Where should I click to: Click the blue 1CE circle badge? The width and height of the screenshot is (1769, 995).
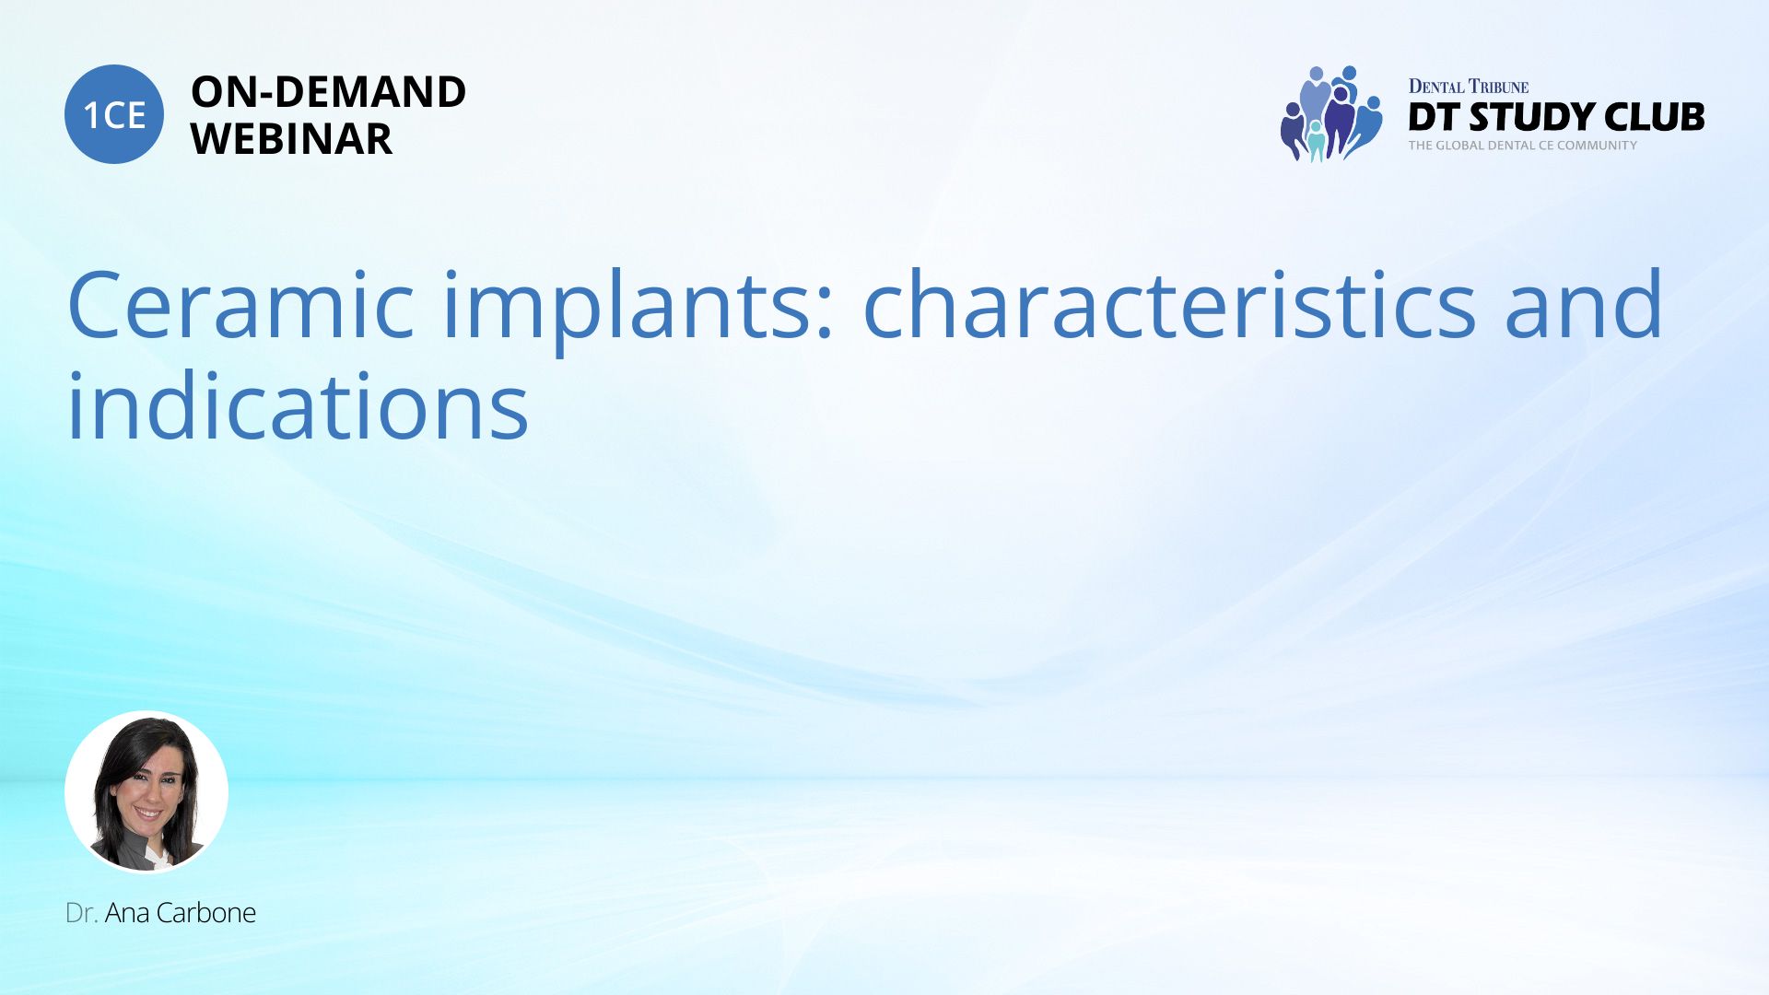[x=114, y=114]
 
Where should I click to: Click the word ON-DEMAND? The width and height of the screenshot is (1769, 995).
[x=328, y=92]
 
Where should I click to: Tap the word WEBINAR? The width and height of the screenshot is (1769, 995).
[x=291, y=139]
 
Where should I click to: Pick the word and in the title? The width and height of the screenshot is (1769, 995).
[x=1584, y=303]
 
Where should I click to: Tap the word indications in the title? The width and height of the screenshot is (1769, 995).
[x=299, y=404]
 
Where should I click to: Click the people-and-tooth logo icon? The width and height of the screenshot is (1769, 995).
[x=1331, y=113]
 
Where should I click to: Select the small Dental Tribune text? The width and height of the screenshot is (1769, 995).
[x=1469, y=87]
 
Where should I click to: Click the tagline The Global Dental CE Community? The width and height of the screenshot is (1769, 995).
[x=1523, y=146]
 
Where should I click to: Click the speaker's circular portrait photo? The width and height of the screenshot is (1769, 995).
[x=146, y=792]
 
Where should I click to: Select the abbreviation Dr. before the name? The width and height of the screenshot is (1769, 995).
[x=82, y=913]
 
